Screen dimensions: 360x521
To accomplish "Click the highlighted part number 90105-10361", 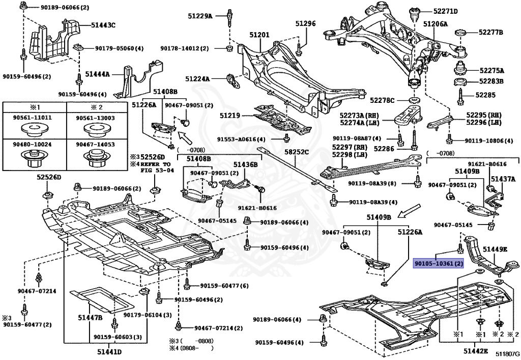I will click(438, 264).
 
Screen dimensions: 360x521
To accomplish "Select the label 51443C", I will click(103, 24).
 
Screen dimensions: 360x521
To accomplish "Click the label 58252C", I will click(296, 152).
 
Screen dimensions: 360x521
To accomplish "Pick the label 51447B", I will click(90, 318).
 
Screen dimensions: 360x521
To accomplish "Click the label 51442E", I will click(475, 351).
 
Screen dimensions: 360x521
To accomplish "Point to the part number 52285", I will click(485, 94).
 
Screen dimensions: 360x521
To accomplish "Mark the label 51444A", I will click(97, 74).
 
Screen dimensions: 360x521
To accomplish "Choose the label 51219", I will click(229, 116).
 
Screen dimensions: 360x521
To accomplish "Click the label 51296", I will click(306, 23).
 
